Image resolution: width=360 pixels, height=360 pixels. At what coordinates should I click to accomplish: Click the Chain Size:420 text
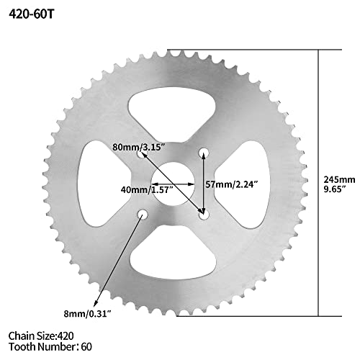pos(41,335)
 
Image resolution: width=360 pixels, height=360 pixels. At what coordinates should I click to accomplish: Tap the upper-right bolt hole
pos(203,152)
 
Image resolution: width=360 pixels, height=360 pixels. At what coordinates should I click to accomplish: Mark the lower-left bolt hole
pos(143,214)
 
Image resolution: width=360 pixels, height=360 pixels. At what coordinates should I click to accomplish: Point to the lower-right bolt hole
pos(204,214)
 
